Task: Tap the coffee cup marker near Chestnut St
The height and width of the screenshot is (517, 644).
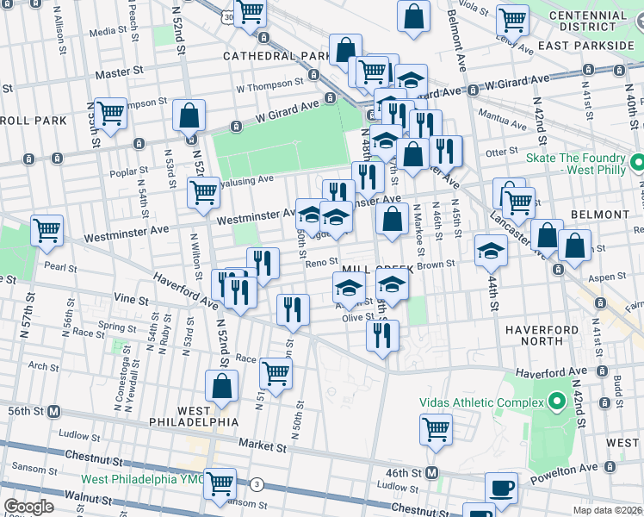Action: click(x=501, y=489)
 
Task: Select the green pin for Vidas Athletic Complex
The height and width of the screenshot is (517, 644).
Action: click(x=555, y=401)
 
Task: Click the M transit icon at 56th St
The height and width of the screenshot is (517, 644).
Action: click(x=53, y=411)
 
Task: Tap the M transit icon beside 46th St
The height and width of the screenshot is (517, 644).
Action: click(x=432, y=472)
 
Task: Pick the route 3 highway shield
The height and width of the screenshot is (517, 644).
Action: click(x=257, y=485)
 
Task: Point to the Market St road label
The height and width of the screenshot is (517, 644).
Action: click(x=263, y=447)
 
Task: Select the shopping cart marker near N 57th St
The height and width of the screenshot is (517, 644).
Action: click(x=46, y=230)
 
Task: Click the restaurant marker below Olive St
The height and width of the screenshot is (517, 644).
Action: click(x=382, y=334)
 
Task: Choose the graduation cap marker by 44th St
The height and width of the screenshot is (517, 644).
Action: click(x=492, y=250)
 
